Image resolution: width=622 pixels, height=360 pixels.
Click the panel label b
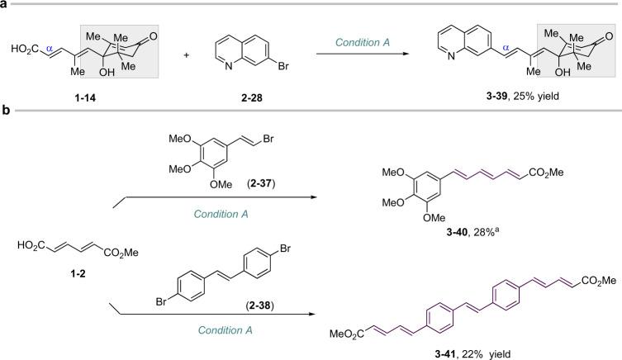click(5, 131)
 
